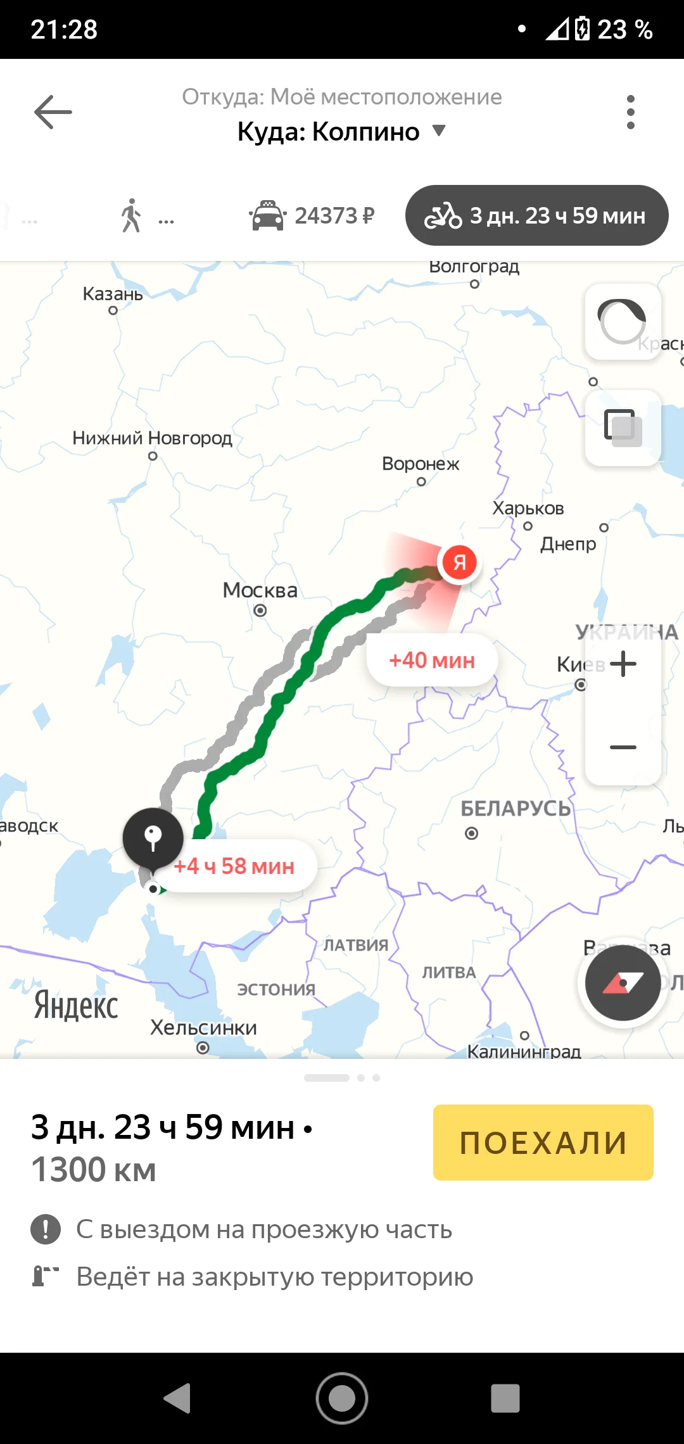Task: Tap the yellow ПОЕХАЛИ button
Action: [x=543, y=1142]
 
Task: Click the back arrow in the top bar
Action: [x=53, y=112]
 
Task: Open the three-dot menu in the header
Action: [x=630, y=112]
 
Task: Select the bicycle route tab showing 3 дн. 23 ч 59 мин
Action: [x=536, y=215]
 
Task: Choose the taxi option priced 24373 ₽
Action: [x=312, y=215]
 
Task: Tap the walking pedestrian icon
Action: [x=132, y=215]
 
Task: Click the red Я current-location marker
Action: [x=459, y=562]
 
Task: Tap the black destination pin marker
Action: [x=153, y=838]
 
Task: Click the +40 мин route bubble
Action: [x=432, y=660]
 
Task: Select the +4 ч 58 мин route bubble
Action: [x=234, y=866]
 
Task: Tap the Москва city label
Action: [x=260, y=590]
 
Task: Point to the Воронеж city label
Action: [x=421, y=464]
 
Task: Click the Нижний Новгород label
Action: [x=152, y=438]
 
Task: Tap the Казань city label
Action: [x=113, y=294]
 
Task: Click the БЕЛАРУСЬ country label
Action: [x=515, y=808]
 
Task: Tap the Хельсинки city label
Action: [x=203, y=1027]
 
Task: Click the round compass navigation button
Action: [x=623, y=982]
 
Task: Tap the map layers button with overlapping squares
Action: [x=623, y=427]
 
